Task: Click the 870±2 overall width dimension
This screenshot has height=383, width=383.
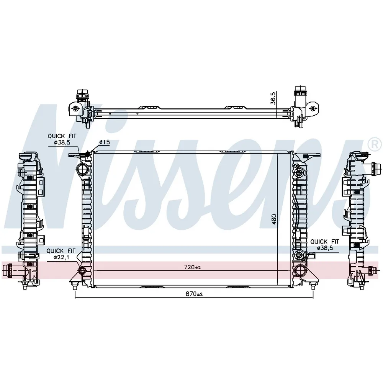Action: point(194,294)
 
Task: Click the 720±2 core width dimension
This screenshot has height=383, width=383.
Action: point(193,267)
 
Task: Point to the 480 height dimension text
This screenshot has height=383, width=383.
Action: point(274,219)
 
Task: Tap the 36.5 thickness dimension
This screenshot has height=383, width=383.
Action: point(273,98)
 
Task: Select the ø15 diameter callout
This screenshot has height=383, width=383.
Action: point(105,142)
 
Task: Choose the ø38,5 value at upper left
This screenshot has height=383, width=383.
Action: point(62,142)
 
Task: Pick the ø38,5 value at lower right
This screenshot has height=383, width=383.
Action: point(325,248)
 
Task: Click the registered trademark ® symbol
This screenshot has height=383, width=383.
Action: point(376,144)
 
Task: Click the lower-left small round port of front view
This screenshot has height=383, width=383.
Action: point(82,270)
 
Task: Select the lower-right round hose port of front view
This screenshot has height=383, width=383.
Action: point(300,270)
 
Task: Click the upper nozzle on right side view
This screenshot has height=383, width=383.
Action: point(374,169)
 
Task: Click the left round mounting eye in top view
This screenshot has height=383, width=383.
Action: point(75,109)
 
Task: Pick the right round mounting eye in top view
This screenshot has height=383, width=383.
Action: point(313,108)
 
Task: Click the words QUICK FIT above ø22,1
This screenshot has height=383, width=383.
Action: point(61,251)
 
